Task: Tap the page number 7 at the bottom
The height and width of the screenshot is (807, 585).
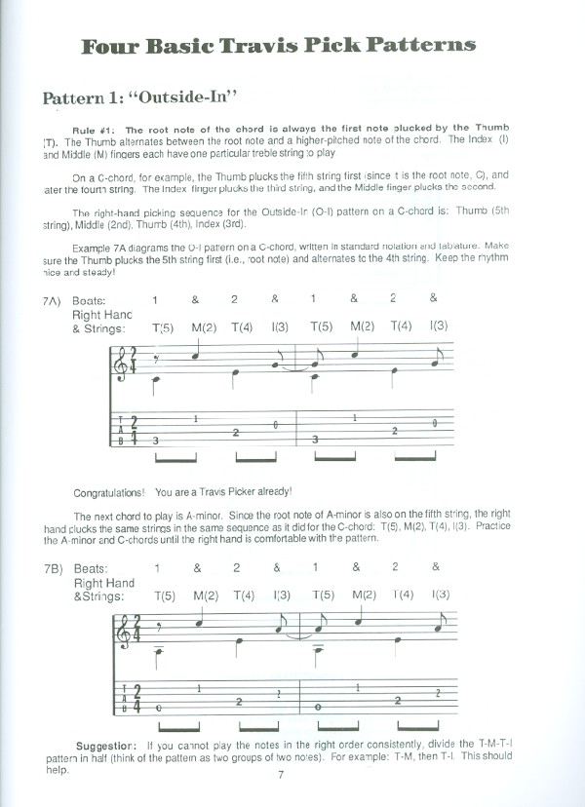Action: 280,776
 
